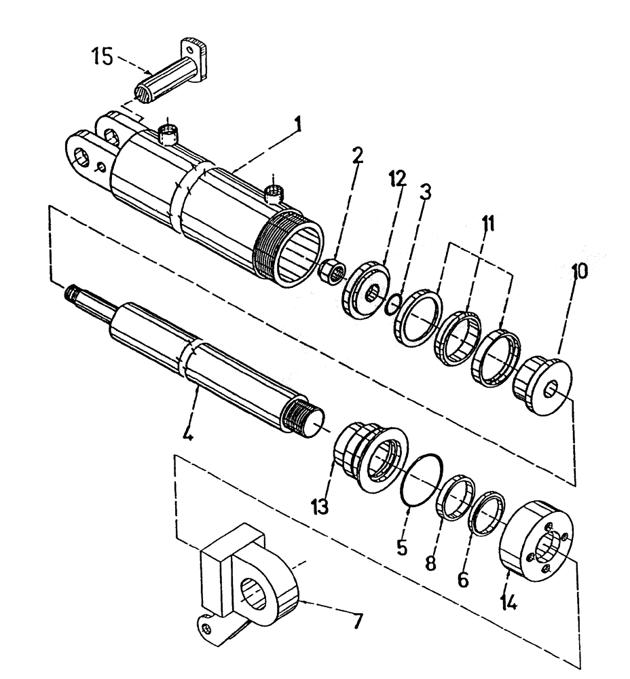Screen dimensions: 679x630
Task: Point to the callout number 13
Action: pyautogui.click(x=320, y=506)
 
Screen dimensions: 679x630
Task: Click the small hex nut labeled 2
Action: pyautogui.click(x=329, y=271)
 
